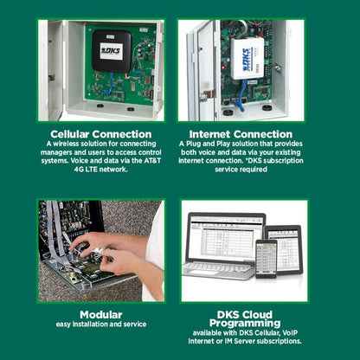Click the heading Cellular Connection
pos(101,134)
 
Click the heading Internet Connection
pos(241,134)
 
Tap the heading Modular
pos(101,315)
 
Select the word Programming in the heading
pos(245,323)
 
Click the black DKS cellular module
pos(112,51)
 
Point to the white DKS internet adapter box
pos(247,59)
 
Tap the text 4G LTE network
pos(101,170)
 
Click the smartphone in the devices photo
pos(266,259)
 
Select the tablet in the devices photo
pos(284,249)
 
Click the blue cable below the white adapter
pos(241,96)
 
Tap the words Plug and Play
pos(207,144)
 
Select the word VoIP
pos(290,333)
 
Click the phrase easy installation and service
pos(101,325)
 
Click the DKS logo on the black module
pos(112,51)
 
